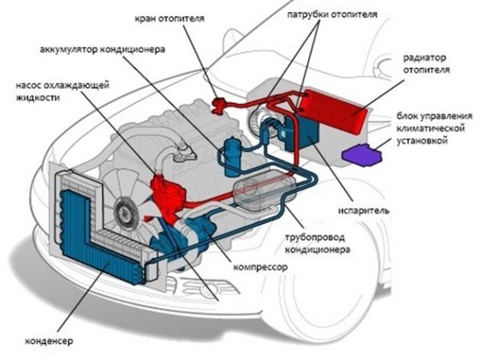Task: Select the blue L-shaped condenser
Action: (x=88, y=240)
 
